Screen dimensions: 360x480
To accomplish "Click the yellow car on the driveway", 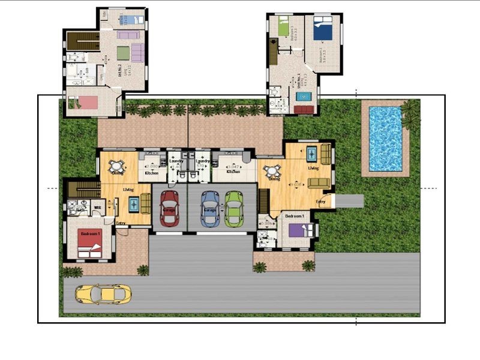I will click(103, 294).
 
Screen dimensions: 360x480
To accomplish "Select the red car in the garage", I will click(169, 208).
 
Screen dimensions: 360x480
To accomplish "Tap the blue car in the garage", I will click(209, 208).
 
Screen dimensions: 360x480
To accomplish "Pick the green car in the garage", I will click(233, 208).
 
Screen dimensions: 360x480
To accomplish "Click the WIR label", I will click(98, 208).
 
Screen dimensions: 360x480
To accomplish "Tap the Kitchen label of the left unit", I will click(152, 173).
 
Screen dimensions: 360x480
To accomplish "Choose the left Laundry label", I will click(176, 161).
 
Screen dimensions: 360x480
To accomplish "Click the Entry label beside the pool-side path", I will click(320, 202).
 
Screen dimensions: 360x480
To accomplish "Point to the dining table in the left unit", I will click(118, 164).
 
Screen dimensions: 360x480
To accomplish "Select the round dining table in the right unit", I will click(274, 170).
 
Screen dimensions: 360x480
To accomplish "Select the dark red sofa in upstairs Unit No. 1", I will click(305, 109).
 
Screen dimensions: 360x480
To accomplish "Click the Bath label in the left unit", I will click(80, 211).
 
